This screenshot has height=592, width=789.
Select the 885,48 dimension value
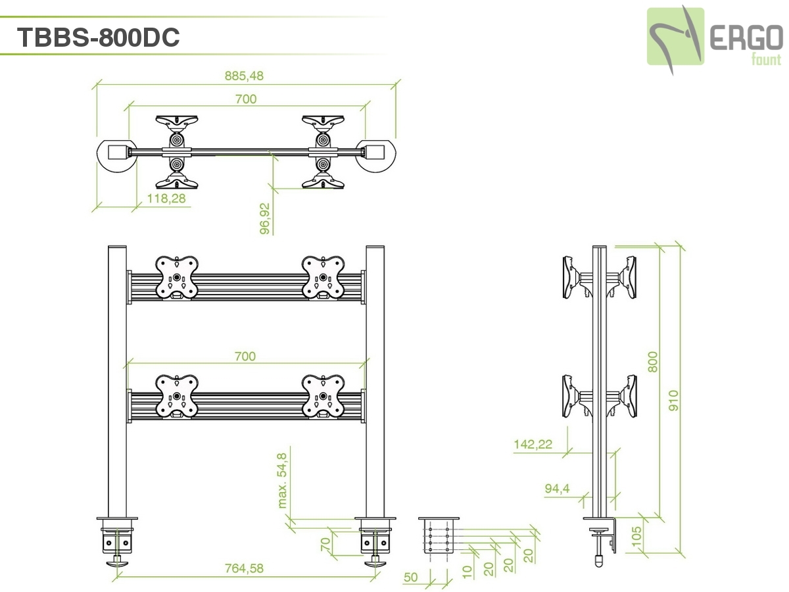coord(244,76)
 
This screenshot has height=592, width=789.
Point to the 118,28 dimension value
coord(166,199)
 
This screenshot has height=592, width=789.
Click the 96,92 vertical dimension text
coord(265,218)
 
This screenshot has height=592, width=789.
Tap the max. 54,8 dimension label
coord(283,480)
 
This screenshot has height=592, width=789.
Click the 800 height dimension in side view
coord(653,361)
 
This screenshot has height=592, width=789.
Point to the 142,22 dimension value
coord(533,444)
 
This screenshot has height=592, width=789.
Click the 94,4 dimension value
coord(557,488)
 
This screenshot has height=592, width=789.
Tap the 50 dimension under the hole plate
coord(410,578)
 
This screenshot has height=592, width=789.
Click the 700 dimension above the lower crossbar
coord(245,357)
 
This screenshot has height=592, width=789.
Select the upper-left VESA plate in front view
coord(176,277)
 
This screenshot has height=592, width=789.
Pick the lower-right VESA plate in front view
coord(323,396)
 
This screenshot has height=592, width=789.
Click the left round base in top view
coord(116,154)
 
